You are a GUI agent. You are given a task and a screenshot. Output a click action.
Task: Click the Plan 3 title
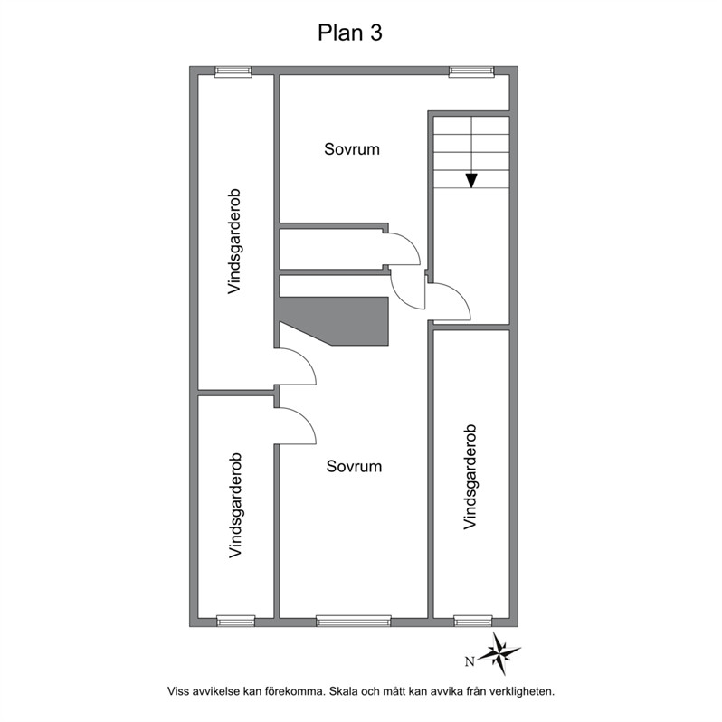click(350, 33)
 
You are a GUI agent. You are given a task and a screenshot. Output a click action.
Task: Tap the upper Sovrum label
click(352, 149)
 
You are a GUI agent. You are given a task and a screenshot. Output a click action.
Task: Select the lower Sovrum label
click(354, 467)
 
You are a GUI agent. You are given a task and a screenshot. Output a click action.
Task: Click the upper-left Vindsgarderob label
click(234, 242)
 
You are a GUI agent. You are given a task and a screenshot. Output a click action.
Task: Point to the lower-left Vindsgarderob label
click(235, 506)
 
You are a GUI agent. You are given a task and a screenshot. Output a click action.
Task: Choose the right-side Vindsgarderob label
click(470, 477)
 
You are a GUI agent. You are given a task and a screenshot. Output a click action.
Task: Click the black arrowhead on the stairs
click(471, 181)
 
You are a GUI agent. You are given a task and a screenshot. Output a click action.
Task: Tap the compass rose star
click(499, 653)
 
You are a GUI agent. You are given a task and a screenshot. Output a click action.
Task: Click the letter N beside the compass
click(470, 662)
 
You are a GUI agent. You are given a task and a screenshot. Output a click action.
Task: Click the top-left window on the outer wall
click(233, 71)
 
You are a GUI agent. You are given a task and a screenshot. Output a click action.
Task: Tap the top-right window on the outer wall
click(471, 71)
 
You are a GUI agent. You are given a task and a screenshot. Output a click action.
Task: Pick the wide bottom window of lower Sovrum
click(353, 622)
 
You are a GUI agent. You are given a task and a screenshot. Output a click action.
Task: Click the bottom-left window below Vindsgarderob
click(236, 622)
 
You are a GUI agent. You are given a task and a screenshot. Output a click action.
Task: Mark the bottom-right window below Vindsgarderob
click(473, 622)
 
